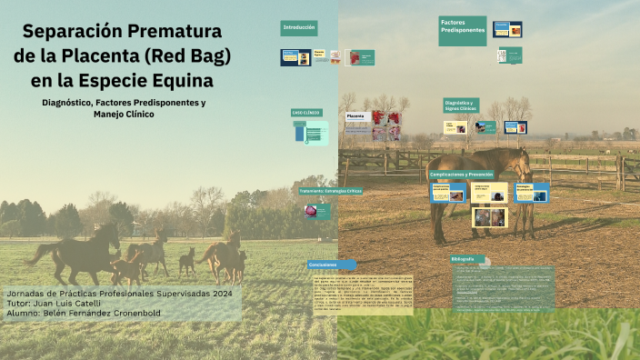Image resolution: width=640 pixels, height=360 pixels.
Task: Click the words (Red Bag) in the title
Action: click(188, 57)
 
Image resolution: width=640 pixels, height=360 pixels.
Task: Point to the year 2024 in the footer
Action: click(215, 294)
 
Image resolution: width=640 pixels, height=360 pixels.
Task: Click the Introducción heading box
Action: click(299, 28)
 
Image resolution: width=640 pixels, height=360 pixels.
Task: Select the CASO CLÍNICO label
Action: click(306, 113)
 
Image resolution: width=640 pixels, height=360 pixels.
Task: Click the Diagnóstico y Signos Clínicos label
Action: click(461, 105)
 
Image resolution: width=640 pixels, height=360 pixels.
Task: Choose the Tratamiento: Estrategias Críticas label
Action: click(330, 191)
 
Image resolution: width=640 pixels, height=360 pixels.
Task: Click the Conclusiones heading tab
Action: click(325, 265)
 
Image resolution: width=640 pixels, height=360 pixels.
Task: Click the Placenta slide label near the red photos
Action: click(355, 116)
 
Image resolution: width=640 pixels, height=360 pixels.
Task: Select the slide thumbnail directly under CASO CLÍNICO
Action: click(310, 133)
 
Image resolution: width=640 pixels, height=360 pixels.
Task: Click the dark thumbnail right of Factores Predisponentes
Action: click(507, 29)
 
